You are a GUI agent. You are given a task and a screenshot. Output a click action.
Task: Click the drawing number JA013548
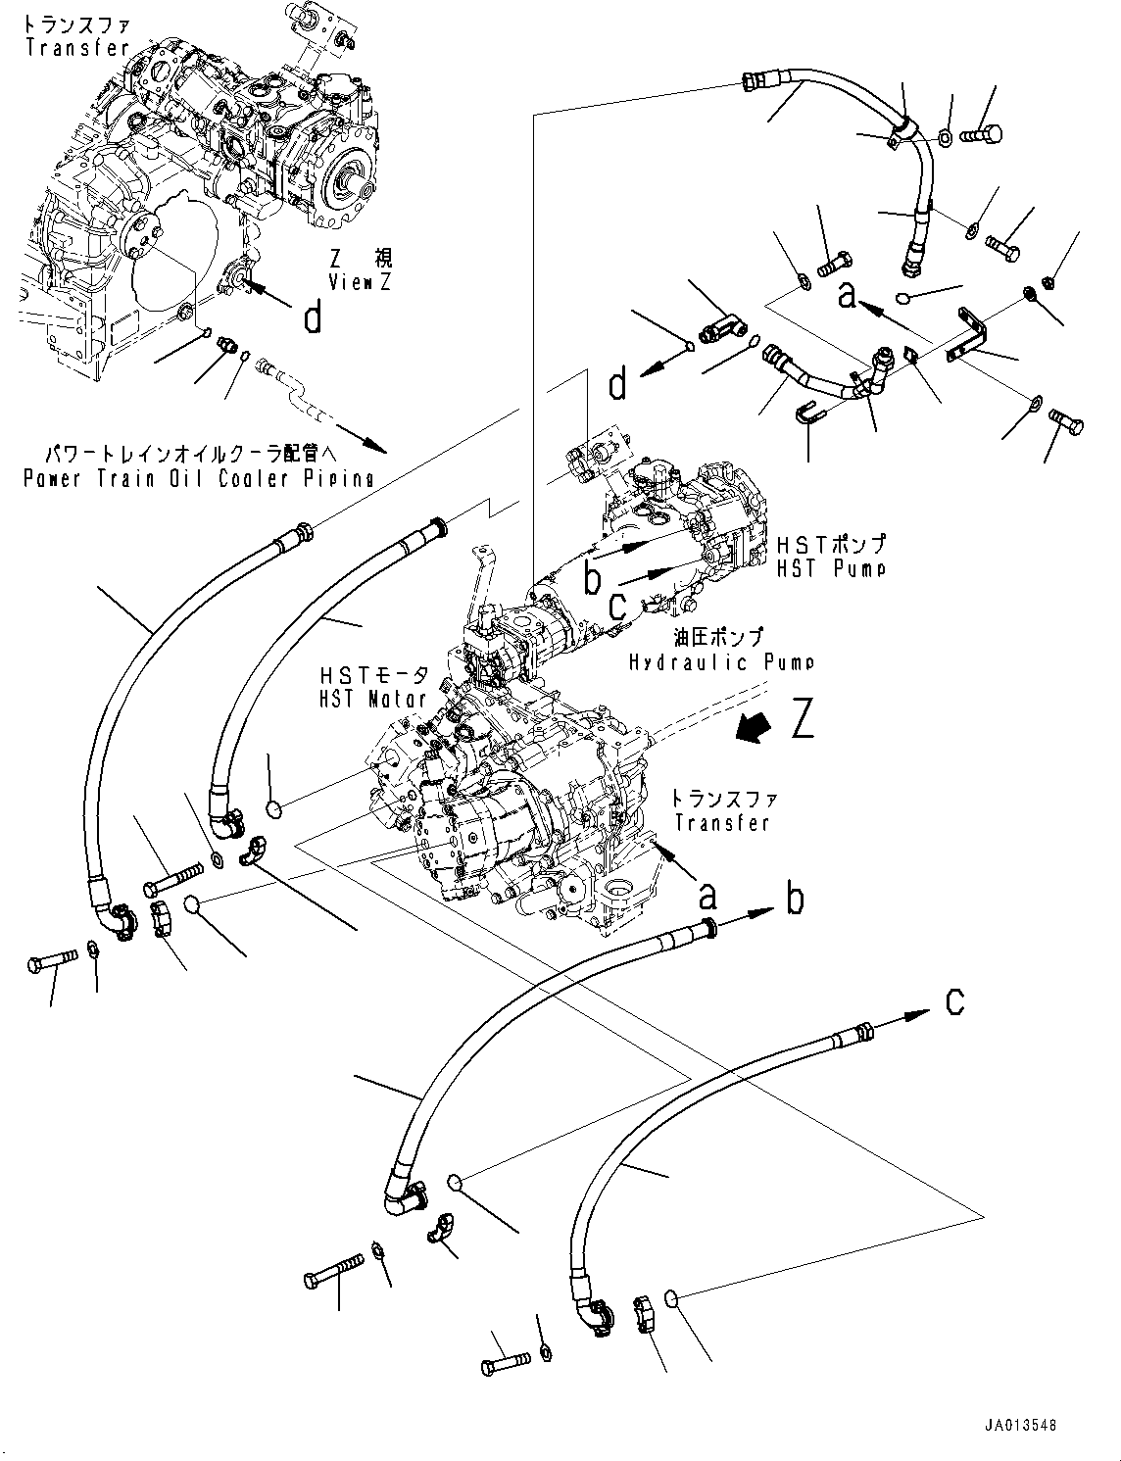1021,1426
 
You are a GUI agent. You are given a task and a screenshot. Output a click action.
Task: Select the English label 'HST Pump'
831,568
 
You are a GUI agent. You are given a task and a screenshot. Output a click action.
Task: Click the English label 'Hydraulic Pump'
721,662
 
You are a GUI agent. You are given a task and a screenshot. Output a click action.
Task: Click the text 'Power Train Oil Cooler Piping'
199,478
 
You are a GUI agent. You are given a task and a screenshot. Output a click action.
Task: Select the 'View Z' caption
360,282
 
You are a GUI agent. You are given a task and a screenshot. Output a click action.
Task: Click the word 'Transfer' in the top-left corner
77,48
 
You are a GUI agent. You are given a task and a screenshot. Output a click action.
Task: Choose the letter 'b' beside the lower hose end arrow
795,898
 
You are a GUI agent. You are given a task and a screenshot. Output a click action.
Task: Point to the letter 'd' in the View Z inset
313,317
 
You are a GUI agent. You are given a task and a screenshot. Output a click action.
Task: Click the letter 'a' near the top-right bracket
848,293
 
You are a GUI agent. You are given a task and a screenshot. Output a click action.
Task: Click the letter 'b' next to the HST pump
592,577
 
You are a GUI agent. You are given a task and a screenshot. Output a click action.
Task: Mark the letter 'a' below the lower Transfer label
707,895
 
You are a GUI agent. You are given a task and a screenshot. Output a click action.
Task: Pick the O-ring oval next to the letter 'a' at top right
906,297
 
